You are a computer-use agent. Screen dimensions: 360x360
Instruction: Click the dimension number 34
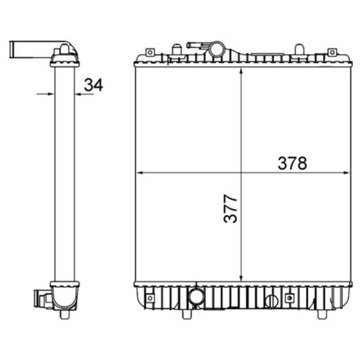coord(94,84)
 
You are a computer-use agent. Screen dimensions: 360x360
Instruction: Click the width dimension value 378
coord(292,163)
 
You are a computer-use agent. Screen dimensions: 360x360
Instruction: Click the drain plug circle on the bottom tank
coord(271,301)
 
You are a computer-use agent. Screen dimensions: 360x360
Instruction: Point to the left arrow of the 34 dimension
coord(50,94)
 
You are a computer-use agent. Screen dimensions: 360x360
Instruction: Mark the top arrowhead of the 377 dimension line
coord(242,71)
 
